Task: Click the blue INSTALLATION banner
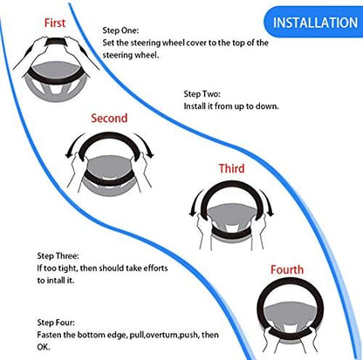pos(313,23)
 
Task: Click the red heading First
pos(55,23)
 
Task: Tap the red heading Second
pos(109,119)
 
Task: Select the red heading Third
pos(231,168)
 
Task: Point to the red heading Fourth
pos(287,269)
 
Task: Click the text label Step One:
pos(120,31)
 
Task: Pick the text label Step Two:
pos(202,94)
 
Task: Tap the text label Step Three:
pos(58,256)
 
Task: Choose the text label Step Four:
pos(56,323)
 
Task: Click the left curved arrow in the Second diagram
pos(72,144)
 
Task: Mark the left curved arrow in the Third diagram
pos(195,201)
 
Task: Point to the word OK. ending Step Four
pos(44,347)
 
